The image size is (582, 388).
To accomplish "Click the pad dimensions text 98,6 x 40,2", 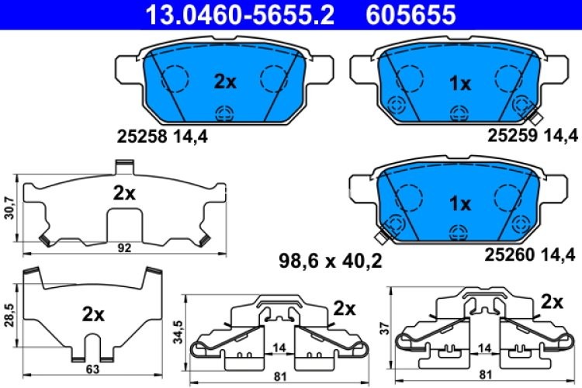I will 331,262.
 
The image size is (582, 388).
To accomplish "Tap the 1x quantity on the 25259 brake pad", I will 460,83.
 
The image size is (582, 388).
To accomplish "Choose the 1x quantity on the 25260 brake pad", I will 460,204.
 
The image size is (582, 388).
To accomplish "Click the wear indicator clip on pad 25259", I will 534,116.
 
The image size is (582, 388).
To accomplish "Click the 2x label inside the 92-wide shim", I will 124,193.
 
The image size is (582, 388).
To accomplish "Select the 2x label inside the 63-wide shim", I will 93,314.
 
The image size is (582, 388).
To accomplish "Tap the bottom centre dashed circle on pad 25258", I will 225,113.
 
